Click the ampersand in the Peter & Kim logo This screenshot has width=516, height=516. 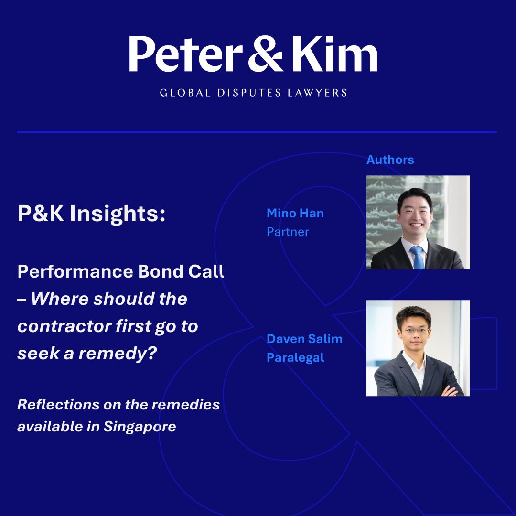[265, 54]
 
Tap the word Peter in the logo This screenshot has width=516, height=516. [186, 54]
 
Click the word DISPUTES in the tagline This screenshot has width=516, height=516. [249, 93]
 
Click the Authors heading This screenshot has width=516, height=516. [390, 160]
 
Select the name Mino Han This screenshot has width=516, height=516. [295, 213]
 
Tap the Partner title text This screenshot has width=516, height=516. [288, 232]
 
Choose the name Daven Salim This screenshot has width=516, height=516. [304, 339]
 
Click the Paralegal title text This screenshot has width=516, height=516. [295, 358]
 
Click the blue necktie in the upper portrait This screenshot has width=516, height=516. [417, 258]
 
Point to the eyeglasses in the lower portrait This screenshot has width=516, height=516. [415, 331]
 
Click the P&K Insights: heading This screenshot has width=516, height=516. [91, 214]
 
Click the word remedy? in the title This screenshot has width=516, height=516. [118, 354]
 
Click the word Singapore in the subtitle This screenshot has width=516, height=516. [140, 427]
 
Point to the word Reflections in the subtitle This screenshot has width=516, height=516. [58, 405]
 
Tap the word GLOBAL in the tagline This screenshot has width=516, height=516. [185, 93]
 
